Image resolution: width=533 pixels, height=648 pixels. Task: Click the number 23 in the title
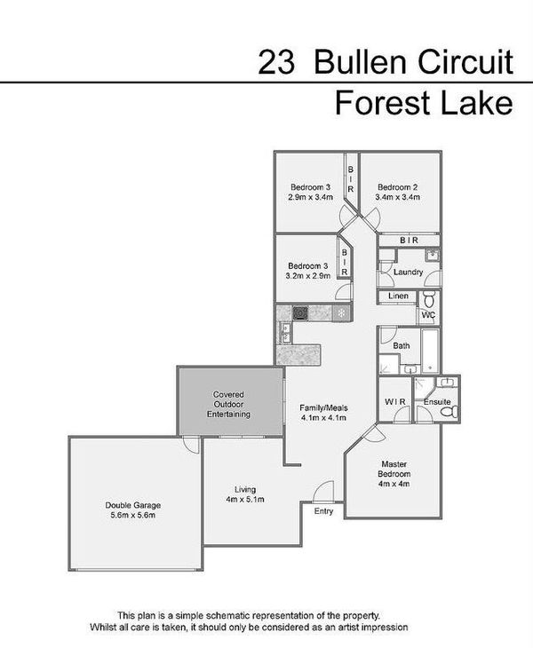coord(274,62)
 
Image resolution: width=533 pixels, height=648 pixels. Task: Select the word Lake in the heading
coord(480,104)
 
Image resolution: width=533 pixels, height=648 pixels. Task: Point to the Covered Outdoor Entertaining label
coord(228,404)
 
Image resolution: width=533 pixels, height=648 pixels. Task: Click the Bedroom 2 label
coord(397,186)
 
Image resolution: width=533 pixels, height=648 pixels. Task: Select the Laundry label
coord(408,272)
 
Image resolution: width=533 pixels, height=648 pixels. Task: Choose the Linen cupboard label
coord(397,296)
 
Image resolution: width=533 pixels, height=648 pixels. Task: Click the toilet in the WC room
coord(428,297)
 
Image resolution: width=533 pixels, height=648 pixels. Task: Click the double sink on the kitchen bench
coord(284,334)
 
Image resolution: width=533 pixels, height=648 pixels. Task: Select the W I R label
coord(394,402)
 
